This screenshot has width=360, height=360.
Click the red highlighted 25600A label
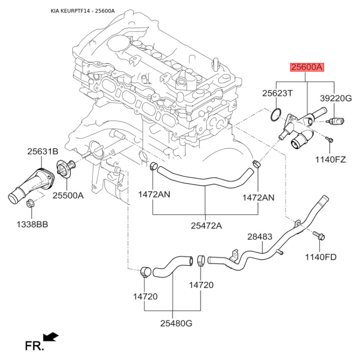click(306, 67)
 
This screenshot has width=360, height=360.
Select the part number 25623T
click(278, 93)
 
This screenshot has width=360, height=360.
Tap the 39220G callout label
click(335, 98)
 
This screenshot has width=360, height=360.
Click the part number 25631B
click(43, 152)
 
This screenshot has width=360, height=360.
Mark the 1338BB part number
click(32, 224)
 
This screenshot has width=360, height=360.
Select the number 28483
click(260, 237)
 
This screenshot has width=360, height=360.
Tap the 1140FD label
click(321, 257)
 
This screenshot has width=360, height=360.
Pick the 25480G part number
click(176, 323)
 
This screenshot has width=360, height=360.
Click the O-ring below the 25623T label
click(276, 115)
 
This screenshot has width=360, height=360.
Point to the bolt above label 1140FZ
click(329, 140)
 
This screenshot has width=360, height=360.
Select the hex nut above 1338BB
click(31, 203)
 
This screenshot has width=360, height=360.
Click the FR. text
click(34, 346)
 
